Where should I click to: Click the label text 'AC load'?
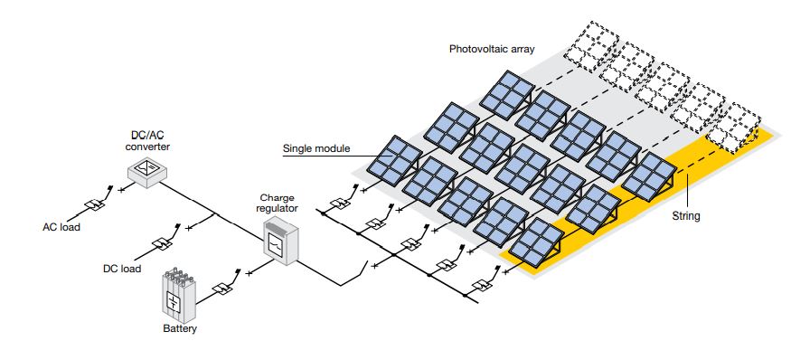coord(61,227)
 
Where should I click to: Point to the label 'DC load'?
coord(121,269)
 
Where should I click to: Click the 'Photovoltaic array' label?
coord(492,48)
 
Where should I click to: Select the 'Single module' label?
coord(315,149)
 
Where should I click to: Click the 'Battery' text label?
coord(179,329)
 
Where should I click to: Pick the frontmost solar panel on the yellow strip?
coord(534,242)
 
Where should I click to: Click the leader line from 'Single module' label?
coord(363,150)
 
